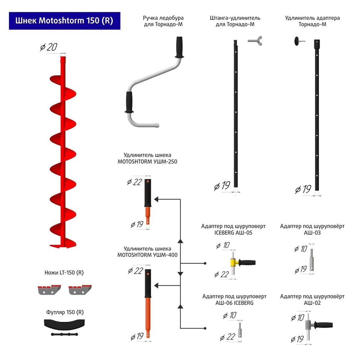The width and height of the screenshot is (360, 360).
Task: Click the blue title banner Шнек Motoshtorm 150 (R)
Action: click(x=64, y=21)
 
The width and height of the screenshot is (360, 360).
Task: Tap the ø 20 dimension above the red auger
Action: click(x=49, y=47)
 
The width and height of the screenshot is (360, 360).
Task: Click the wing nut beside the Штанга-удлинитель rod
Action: click(x=255, y=40)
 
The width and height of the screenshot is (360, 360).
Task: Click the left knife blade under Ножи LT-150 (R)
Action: click(x=49, y=289)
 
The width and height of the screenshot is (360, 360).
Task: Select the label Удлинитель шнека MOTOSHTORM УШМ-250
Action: click(x=147, y=158)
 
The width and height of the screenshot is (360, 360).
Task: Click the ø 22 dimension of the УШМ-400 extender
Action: click(x=136, y=271)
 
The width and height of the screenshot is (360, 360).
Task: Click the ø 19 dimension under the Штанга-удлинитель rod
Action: click(x=222, y=186)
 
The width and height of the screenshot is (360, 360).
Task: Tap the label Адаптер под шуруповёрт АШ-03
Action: click(x=312, y=229)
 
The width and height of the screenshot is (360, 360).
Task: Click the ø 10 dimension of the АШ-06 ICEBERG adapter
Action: click(x=230, y=316)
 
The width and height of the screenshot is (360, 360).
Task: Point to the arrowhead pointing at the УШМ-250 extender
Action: click(x=157, y=199)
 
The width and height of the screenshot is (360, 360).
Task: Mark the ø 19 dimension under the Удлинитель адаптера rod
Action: click(x=303, y=189)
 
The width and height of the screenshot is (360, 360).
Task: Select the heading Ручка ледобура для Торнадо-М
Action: click(x=163, y=21)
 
